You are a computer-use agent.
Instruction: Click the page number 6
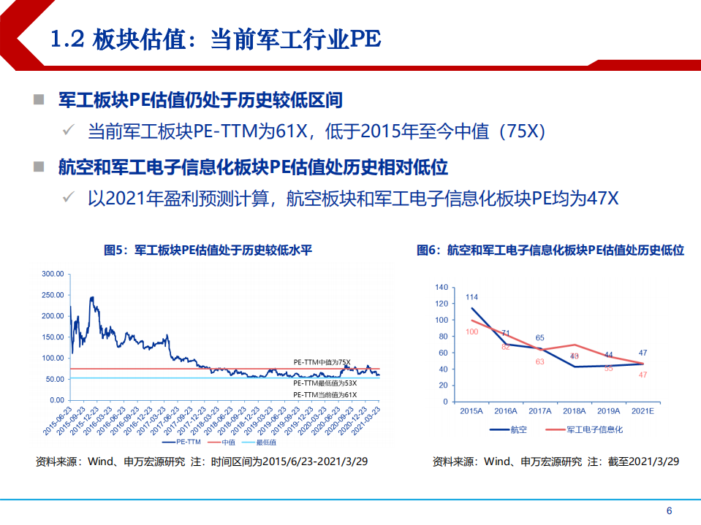point(669,510)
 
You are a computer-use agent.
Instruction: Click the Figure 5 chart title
point(208,250)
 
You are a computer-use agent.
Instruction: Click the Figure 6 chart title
point(550,250)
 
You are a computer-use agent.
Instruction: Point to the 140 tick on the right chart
point(441,287)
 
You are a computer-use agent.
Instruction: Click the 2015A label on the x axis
point(471,412)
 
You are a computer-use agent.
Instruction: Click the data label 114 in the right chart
point(471,297)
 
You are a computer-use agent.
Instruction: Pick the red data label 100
point(471,332)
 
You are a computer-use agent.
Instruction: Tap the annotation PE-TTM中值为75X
point(322,362)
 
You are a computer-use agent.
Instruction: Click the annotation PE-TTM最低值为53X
point(325,383)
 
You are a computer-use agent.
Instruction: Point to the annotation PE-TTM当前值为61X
point(325,395)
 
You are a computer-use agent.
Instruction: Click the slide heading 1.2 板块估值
point(216,39)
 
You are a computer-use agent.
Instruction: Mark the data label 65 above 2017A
point(539,338)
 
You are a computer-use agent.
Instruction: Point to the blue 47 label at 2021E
point(643,353)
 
